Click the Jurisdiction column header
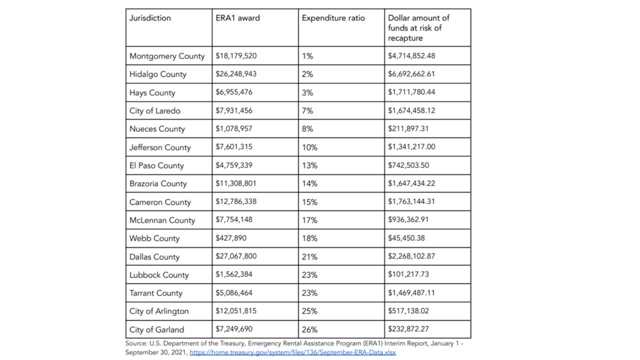(150, 18)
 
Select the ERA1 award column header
(237, 18)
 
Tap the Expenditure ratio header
(333, 18)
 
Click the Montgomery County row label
(167, 56)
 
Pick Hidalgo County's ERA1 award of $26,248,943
(236, 74)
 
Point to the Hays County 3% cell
(307, 92)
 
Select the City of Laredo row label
(154, 110)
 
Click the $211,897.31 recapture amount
(408, 128)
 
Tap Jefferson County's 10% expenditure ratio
(309, 147)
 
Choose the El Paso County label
(156, 165)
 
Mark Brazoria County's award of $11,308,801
(235, 183)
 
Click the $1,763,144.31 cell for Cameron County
(411, 202)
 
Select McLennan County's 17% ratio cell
(309, 220)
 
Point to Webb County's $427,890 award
(231, 238)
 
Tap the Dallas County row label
(154, 256)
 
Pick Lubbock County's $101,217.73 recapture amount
(408, 274)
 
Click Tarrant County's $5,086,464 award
(234, 293)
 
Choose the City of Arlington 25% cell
(309, 311)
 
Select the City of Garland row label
(156, 329)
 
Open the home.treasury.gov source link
(292, 352)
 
